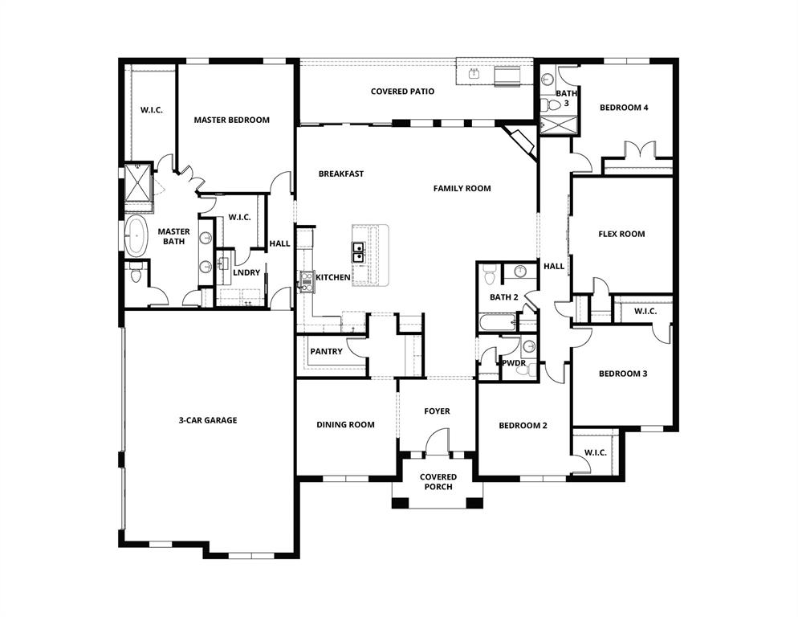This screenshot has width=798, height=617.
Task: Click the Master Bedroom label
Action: [231, 120]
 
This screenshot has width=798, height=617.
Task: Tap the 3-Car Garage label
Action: [207, 420]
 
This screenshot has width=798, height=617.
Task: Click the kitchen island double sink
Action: [358, 252]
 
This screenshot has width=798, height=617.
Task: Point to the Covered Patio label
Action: [402, 92]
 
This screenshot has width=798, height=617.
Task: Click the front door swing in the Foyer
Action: [438, 440]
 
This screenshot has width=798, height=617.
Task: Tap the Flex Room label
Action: [621, 235]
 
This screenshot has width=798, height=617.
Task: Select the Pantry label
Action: [326, 352]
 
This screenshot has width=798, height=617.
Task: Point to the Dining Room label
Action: [345, 425]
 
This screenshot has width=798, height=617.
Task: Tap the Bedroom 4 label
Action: [624, 108]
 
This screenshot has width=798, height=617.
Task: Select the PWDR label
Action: [513, 364]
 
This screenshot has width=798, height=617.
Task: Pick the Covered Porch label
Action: [438, 482]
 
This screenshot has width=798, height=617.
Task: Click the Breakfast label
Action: [340, 174]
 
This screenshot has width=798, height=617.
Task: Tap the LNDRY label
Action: [246, 272]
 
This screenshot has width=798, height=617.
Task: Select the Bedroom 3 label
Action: [622, 374]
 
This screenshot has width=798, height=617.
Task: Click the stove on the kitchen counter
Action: [306, 279]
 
